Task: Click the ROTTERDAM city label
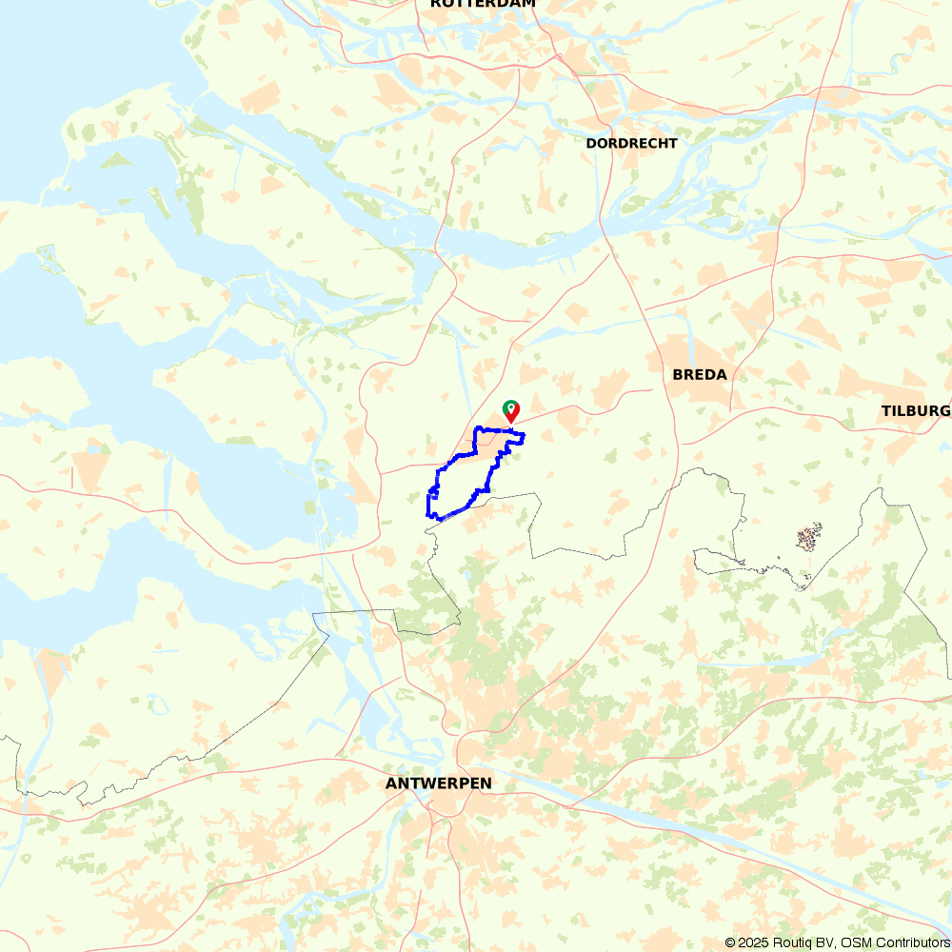pyautogui.click(x=483, y=4)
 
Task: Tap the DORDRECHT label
pyautogui.click(x=632, y=143)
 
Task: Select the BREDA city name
pyautogui.click(x=700, y=374)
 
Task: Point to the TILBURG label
pyautogui.click(x=915, y=410)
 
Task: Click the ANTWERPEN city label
pyautogui.click(x=439, y=783)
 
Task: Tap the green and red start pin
pyautogui.click(x=511, y=410)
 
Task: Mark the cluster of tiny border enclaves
pyautogui.click(x=808, y=539)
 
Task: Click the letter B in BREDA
pyautogui.click(x=678, y=374)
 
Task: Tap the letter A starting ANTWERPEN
pyautogui.click(x=391, y=783)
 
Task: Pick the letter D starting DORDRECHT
pyautogui.click(x=591, y=143)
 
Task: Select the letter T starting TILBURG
pyautogui.click(x=886, y=410)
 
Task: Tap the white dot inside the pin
pyautogui.click(x=511, y=407)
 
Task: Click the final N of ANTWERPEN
pyautogui.click(x=486, y=783)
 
